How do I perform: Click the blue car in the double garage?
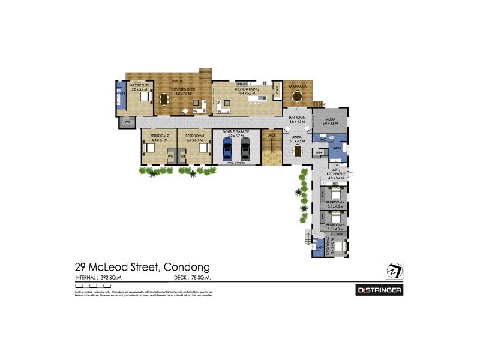(x=227, y=150)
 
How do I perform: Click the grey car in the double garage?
(x=245, y=150)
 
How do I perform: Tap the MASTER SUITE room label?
(x=139, y=87)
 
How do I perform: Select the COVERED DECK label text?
(x=182, y=90)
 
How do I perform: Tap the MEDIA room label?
(x=330, y=121)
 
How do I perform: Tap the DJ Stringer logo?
(x=379, y=290)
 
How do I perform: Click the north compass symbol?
(x=394, y=271)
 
